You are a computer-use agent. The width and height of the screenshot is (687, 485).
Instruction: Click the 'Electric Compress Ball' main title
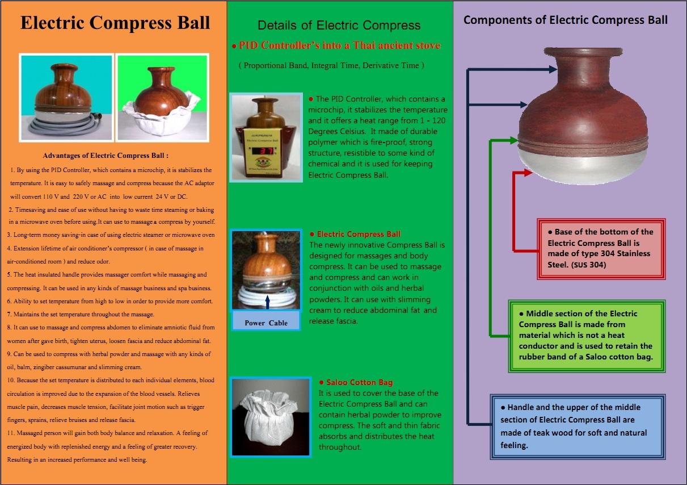point(115,23)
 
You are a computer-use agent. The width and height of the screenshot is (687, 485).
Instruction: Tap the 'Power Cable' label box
point(266,323)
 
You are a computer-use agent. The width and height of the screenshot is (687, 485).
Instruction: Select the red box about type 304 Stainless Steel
point(601,248)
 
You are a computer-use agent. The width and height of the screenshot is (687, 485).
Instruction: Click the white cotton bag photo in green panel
point(271,416)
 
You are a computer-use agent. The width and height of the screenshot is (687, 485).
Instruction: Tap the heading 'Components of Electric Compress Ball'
point(565,20)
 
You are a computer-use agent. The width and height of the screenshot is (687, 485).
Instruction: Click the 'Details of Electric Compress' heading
point(339,26)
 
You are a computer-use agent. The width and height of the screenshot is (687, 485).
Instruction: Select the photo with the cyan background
point(66,97)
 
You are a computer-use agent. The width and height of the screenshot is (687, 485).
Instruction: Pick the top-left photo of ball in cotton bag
point(162,97)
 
